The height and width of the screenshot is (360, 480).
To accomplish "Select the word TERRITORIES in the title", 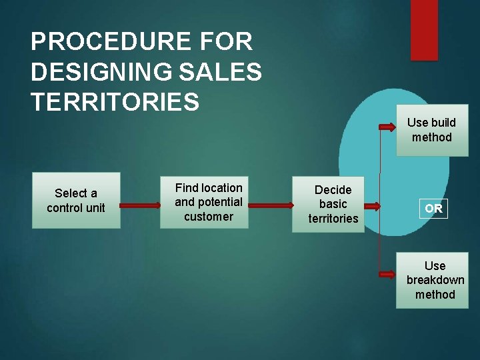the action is pyautogui.click(x=115, y=102).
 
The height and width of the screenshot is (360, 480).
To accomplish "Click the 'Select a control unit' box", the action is pyautogui.click(x=76, y=201).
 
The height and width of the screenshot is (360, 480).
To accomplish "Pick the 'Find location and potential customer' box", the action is pyautogui.click(x=209, y=202).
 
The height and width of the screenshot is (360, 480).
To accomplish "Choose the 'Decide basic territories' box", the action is pyautogui.click(x=333, y=204).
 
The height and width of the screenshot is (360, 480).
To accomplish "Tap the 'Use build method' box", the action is pyautogui.click(x=432, y=130).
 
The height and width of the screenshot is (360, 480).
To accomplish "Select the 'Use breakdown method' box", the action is pyautogui.click(x=435, y=280).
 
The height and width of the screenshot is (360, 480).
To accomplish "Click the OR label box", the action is pyautogui.click(x=433, y=209).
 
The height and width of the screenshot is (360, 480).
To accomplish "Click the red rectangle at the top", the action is pyautogui.click(x=424, y=30).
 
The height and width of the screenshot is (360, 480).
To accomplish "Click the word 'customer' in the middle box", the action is pyautogui.click(x=209, y=217).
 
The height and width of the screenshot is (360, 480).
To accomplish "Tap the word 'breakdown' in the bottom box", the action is pyautogui.click(x=435, y=280).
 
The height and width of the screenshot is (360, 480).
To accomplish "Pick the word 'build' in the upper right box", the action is pyautogui.click(x=443, y=123).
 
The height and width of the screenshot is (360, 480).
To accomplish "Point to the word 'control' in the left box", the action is pyautogui.click(x=65, y=208).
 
